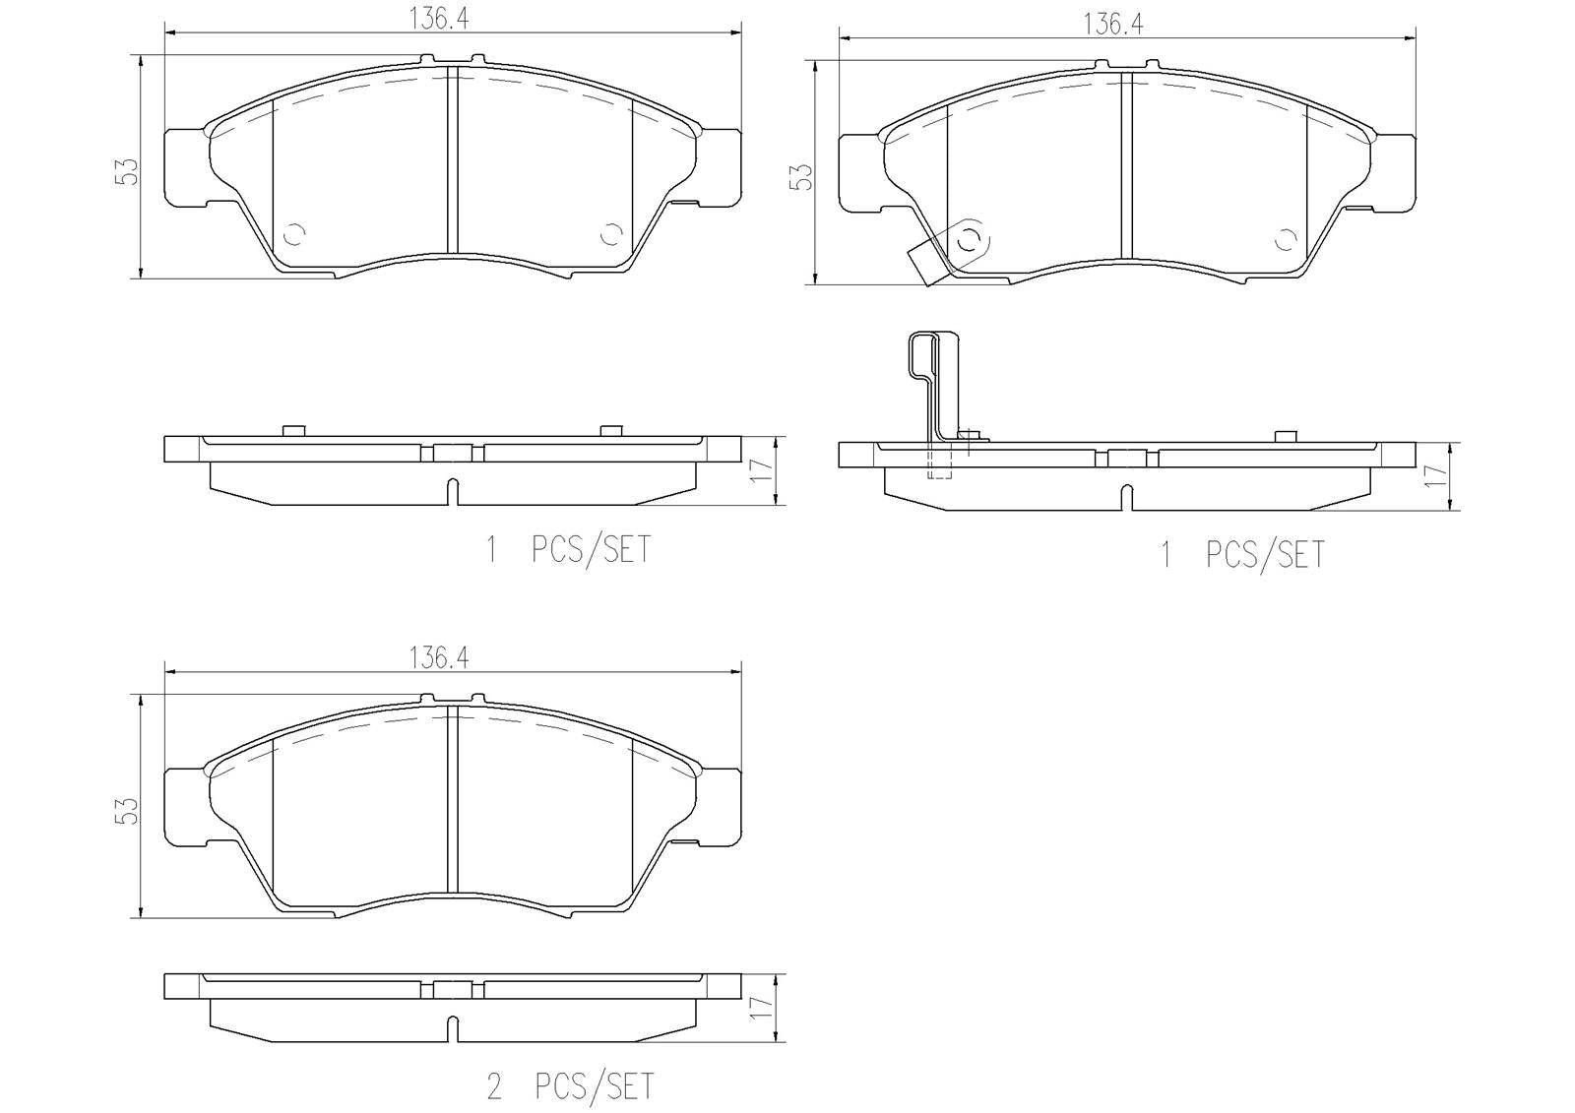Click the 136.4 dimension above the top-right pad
(x=1112, y=25)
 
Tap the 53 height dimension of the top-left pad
(x=125, y=171)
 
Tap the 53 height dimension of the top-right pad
(x=801, y=176)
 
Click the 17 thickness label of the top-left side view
(x=758, y=470)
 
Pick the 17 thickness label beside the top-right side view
(x=1435, y=475)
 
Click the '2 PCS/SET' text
(x=569, y=1086)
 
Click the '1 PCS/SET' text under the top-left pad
(x=569, y=549)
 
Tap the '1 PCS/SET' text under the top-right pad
(x=1243, y=555)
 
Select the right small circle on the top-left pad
(x=610, y=234)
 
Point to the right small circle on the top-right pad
(x=1285, y=239)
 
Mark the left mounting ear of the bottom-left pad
(x=185, y=805)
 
